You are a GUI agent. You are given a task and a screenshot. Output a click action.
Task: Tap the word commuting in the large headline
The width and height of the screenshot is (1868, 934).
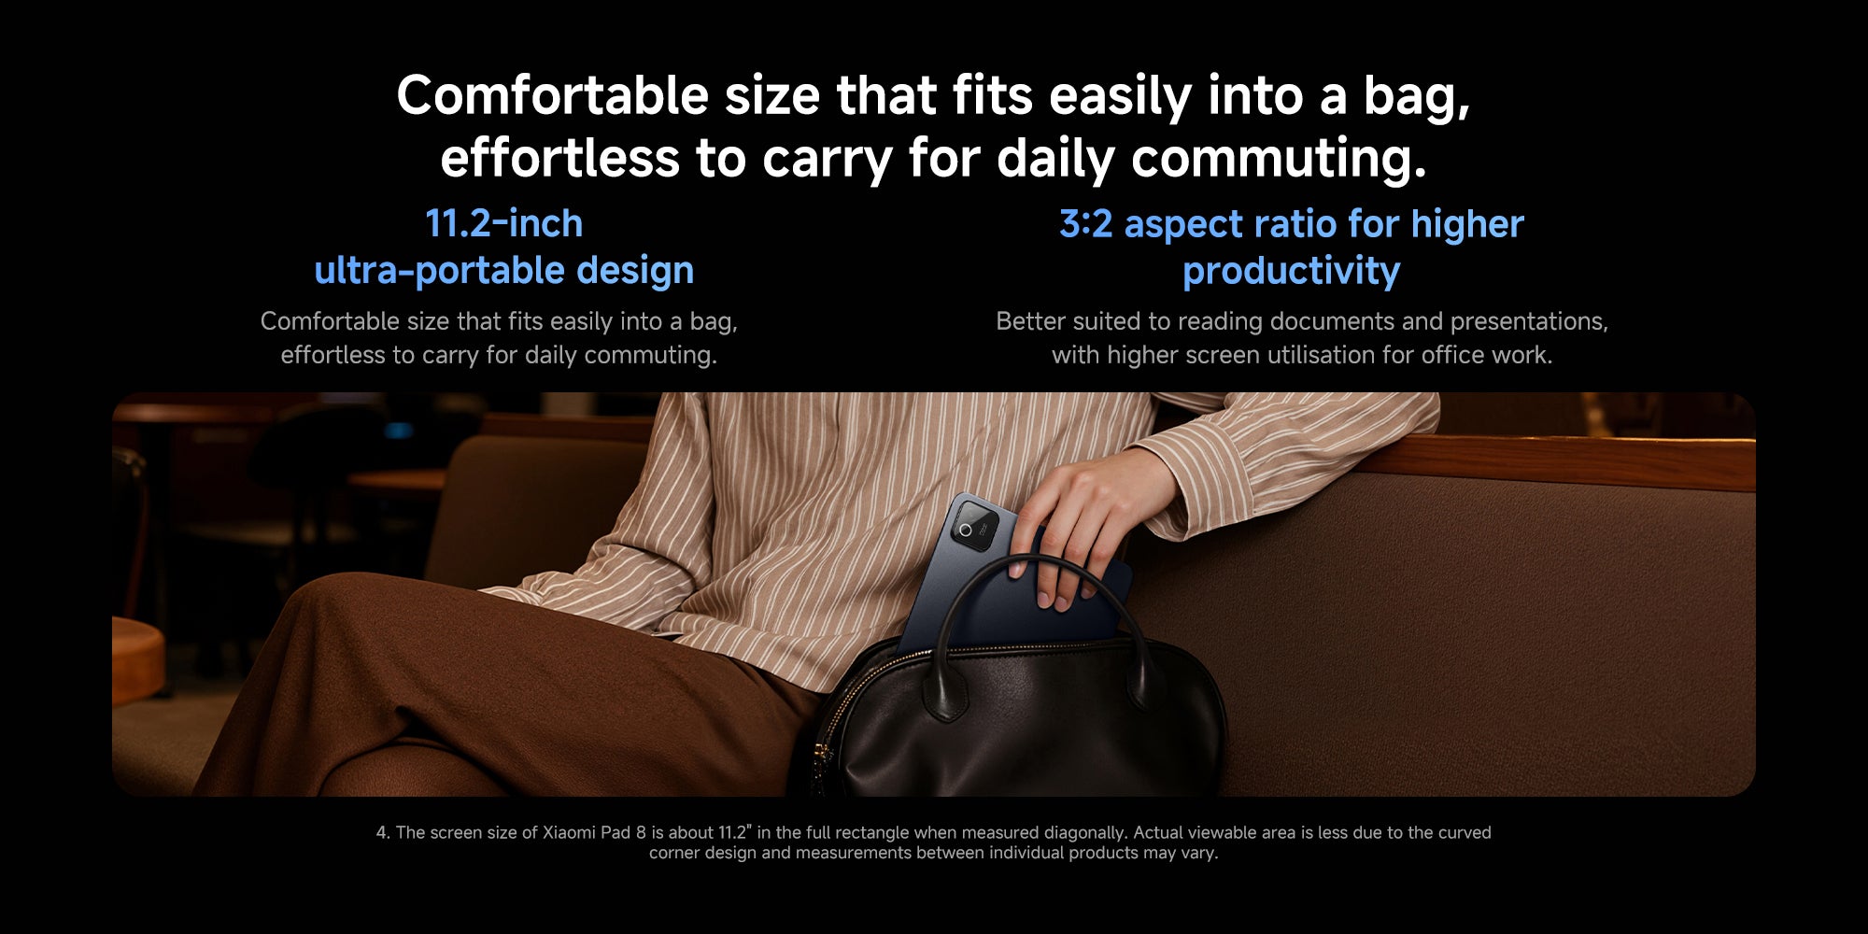pyautogui.click(x=1279, y=159)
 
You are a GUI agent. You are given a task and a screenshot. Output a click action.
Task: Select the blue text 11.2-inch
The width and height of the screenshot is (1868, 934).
pyautogui.click(x=504, y=223)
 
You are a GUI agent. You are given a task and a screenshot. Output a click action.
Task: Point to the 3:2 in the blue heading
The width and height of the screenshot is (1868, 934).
pyautogui.click(x=1085, y=224)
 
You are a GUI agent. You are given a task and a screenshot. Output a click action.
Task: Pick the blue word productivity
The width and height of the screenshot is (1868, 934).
pyautogui.click(x=1292, y=272)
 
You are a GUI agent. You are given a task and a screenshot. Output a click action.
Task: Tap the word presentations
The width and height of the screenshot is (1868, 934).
pyautogui.click(x=1529, y=322)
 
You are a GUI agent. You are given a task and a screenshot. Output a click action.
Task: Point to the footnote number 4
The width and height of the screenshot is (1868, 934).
pyautogui.click(x=383, y=832)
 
